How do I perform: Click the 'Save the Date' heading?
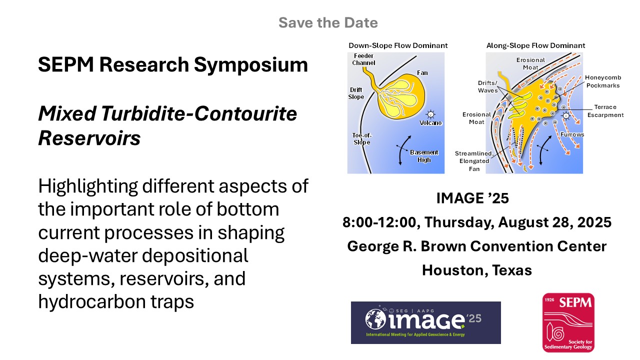(x=328, y=22)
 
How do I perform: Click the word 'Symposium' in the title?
(x=251, y=65)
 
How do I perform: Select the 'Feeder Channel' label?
(x=363, y=59)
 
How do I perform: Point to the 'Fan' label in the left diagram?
(x=422, y=73)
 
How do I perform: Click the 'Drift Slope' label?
(x=356, y=93)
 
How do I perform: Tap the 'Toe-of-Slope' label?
(x=361, y=139)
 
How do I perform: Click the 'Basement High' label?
(x=424, y=156)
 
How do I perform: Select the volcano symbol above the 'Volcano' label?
(x=430, y=114)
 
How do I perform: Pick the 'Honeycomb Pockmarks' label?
(x=603, y=81)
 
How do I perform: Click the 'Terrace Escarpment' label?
(x=605, y=111)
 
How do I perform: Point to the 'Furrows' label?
(x=572, y=134)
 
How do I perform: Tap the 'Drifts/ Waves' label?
(x=487, y=86)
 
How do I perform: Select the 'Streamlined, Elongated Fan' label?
(x=474, y=161)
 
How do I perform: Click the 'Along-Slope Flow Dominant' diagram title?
(x=535, y=45)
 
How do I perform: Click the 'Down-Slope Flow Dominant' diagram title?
(x=398, y=45)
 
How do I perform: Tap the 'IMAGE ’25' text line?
(x=472, y=198)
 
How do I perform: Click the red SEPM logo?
(x=568, y=322)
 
